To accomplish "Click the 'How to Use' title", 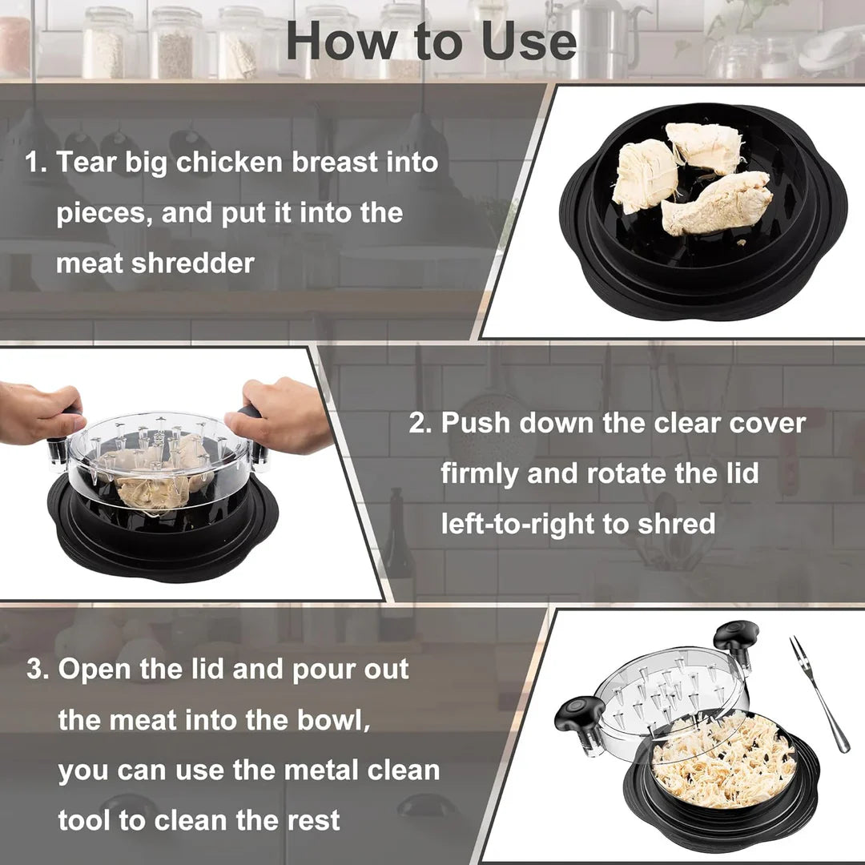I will [x=431, y=42].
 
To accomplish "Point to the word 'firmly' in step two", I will [x=478, y=473].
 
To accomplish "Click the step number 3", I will [x=36, y=670].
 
